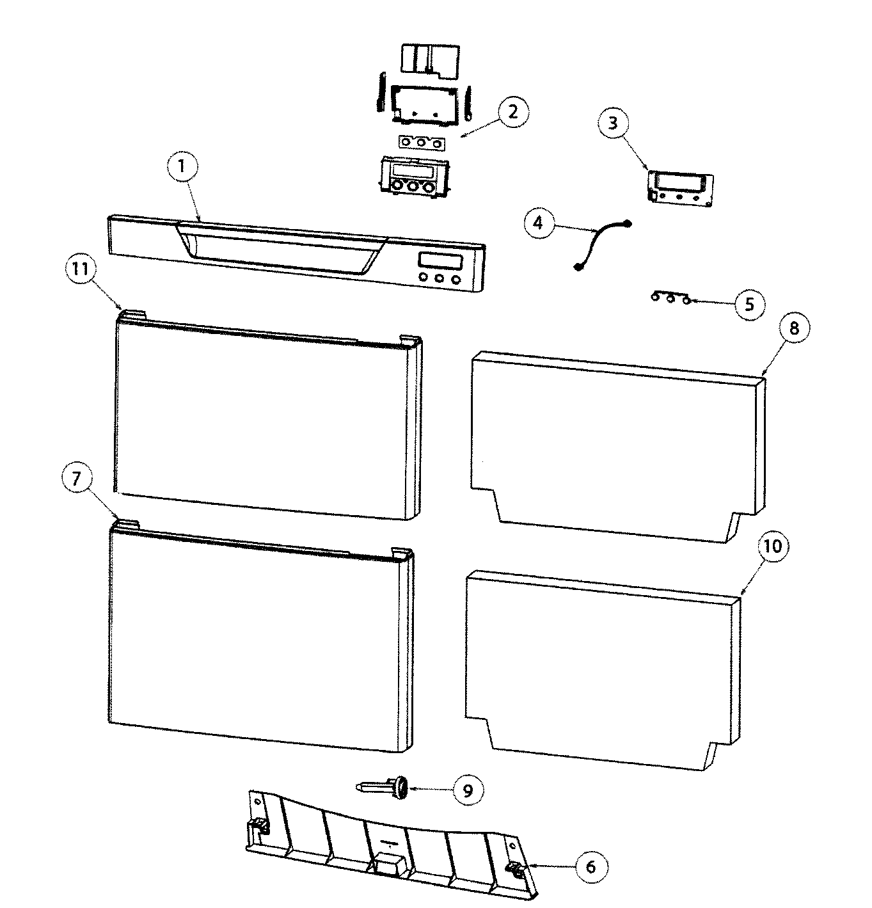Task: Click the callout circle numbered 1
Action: [x=182, y=166]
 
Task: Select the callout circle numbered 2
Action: [x=512, y=113]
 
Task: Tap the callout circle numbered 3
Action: [x=613, y=123]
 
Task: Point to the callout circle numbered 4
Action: [x=539, y=223]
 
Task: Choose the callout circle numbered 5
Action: [x=749, y=305]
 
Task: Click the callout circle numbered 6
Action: [x=591, y=866]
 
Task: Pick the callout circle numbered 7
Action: [x=77, y=478]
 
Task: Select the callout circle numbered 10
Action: [x=773, y=546]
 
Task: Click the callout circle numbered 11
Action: [x=80, y=269]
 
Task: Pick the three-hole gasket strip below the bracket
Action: [x=422, y=143]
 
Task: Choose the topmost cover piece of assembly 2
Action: [x=430, y=60]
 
